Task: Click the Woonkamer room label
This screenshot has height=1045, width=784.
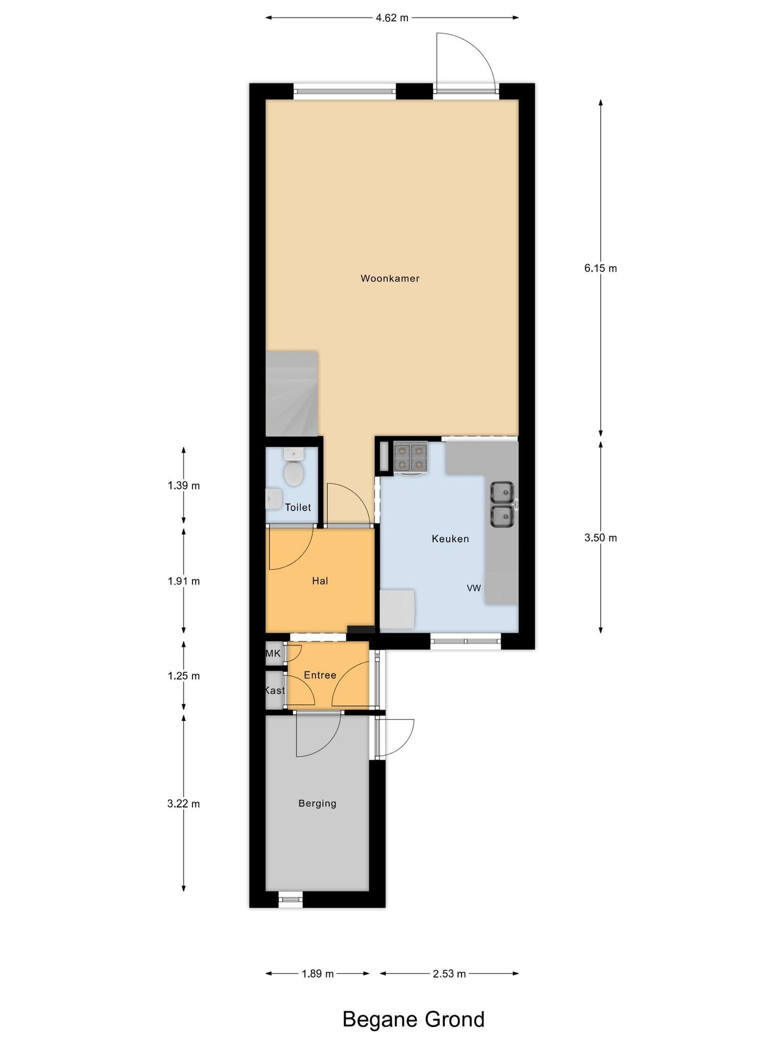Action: [x=390, y=279]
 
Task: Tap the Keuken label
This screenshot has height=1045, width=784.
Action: [x=450, y=539]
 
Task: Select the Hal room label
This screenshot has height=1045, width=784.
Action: [x=320, y=581]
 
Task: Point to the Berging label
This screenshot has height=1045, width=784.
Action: [x=317, y=804]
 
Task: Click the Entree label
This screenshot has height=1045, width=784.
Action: [x=320, y=675]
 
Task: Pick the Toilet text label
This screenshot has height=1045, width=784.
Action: [x=298, y=507]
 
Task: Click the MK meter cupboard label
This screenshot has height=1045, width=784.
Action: [x=274, y=654]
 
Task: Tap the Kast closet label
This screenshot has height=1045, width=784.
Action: [x=275, y=691]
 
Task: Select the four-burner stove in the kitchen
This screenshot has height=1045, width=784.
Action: [x=410, y=457]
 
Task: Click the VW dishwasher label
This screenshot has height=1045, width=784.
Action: [x=474, y=588]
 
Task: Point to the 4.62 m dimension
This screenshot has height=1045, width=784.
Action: [x=392, y=18]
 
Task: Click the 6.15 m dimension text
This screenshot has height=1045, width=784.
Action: [x=601, y=268]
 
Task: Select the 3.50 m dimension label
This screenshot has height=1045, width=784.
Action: [x=601, y=538]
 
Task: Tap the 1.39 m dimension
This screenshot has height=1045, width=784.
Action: [x=184, y=486]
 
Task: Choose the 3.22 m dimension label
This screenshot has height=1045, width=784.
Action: [x=184, y=804]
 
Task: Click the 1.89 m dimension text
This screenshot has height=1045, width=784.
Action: [x=317, y=974]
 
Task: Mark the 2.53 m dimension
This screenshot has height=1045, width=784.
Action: [x=449, y=974]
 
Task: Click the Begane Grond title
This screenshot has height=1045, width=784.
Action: [x=413, y=1019]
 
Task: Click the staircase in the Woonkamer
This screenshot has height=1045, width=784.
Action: [x=292, y=393]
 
